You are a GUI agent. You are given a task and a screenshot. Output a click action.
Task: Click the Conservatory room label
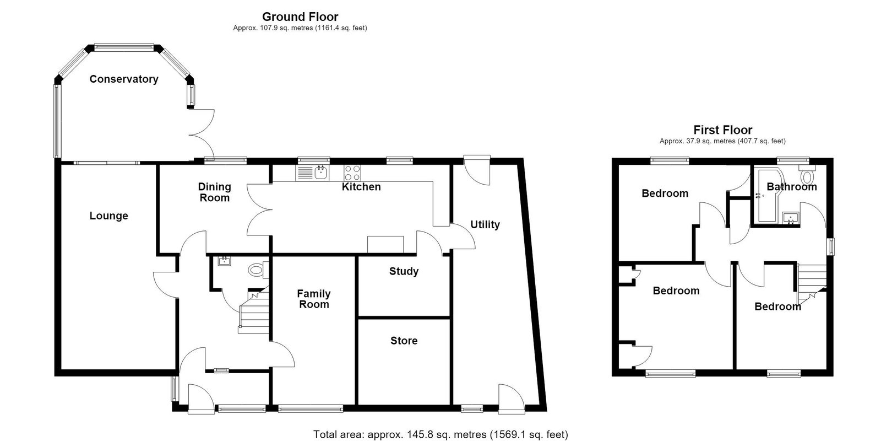(124, 79)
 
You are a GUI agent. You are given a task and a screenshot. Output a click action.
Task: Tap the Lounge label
(109, 216)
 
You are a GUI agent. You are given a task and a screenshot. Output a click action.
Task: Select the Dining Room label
(214, 192)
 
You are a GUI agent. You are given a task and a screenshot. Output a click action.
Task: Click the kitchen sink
(313, 173)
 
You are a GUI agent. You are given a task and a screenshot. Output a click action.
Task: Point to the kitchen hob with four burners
(352, 173)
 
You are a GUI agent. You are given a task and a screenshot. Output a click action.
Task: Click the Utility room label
(485, 225)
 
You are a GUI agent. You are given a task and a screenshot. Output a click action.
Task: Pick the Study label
(404, 271)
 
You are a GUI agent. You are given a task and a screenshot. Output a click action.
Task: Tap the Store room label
(404, 341)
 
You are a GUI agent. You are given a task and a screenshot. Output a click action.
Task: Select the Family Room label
(314, 299)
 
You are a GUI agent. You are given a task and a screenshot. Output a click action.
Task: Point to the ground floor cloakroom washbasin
(225, 261)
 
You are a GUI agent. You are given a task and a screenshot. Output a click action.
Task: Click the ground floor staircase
(254, 312)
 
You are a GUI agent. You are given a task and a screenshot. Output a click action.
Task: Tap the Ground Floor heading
(300, 17)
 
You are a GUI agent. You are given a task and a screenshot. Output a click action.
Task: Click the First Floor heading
(723, 130)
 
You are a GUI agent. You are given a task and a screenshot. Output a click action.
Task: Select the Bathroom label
(792, 187)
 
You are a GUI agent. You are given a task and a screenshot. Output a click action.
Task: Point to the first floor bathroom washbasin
(791, 218)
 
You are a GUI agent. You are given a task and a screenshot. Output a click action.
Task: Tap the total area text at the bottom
(440, 435)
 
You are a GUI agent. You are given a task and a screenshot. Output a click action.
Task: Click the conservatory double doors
(202, 135)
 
